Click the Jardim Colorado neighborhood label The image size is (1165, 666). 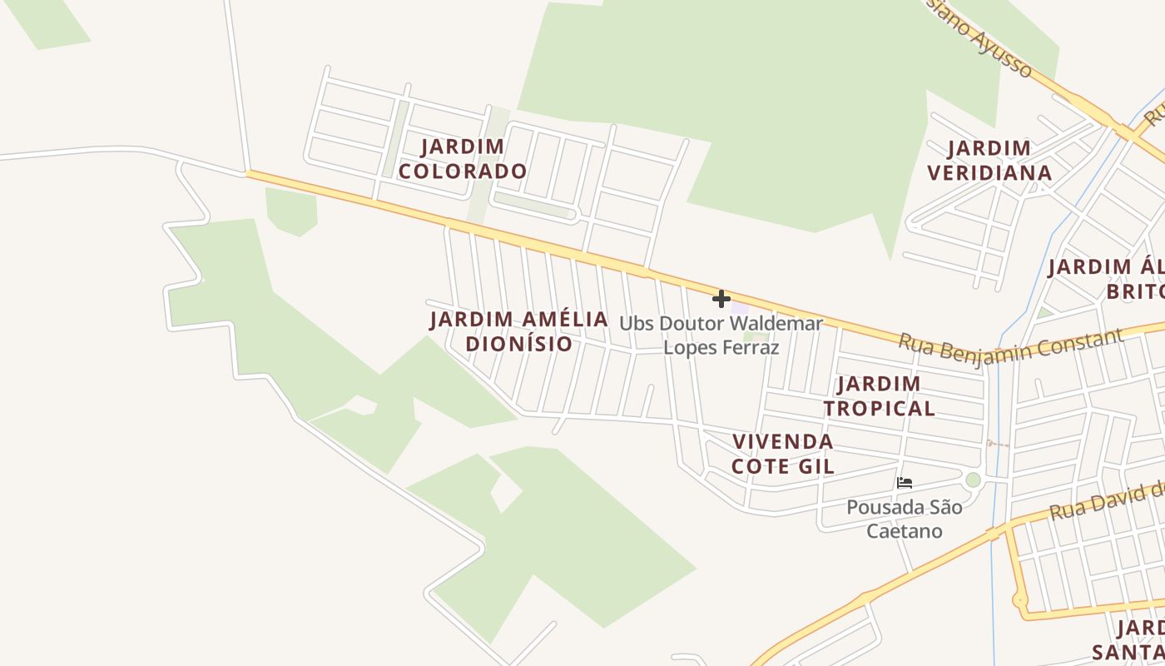tap(462, 159)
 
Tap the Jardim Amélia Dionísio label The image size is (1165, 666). tap(519, 331)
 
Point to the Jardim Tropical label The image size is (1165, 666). tap(879, 396)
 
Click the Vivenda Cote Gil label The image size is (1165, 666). tap(782, 454)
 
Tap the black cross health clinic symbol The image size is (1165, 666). tap(721, 298)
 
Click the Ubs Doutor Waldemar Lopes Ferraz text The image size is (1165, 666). tap(721, 335)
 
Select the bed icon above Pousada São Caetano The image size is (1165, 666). tap(905, 482)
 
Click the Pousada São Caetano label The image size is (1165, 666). tap(905, 519)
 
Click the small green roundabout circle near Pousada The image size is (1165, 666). tap(973, 480)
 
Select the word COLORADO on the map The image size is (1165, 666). tap(462, 171)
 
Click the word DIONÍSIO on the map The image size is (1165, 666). tap(519, 344)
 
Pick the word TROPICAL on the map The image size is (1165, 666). tap(879, 409)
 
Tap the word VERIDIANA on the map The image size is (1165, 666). tap(989, 173)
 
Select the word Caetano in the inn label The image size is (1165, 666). tap(905, 531)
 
